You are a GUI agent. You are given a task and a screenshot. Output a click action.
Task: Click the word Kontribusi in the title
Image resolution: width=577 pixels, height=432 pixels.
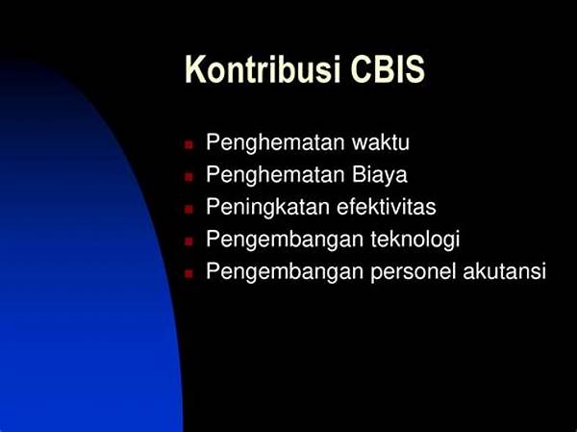tap(263, 69)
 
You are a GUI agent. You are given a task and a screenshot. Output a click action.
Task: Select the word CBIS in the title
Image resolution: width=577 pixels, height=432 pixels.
tap(388, 69)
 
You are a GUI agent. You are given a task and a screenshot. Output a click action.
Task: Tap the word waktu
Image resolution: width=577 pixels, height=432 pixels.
tap(381, 142)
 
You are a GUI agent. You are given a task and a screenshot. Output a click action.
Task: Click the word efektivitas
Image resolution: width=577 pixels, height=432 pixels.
tap(387, 207)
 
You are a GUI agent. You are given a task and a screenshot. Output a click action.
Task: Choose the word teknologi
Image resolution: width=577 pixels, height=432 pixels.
tap(415, 241)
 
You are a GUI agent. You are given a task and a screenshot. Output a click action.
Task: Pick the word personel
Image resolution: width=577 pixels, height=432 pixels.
tap(414, 272)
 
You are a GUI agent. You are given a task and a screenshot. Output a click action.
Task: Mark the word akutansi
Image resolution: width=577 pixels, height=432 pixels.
tap(505, 271)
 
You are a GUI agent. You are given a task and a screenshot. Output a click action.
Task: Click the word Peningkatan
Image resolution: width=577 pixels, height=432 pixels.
tap(267, 208)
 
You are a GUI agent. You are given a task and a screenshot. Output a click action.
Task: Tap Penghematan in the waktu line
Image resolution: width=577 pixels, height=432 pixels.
tap(275, 143)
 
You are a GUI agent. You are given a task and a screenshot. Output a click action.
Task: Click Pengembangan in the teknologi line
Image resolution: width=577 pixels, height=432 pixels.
tap(285, 241)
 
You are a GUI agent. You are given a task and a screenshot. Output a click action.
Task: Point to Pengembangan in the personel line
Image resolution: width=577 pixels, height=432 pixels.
tap(285, 272)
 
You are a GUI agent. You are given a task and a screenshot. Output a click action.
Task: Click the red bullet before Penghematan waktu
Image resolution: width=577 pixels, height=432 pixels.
tap(188, 144)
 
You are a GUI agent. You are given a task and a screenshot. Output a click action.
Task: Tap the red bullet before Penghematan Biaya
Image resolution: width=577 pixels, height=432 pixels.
tap(188, 177)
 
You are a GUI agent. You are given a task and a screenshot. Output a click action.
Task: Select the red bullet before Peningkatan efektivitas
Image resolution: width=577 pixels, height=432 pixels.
tap(188, 209)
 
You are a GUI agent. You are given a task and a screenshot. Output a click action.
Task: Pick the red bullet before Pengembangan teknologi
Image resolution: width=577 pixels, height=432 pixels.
tap(188, 241)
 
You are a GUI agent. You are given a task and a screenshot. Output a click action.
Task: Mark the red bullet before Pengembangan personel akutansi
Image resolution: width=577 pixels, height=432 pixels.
tap(188, 273)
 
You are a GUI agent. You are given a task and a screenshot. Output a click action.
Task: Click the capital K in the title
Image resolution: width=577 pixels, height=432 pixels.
tap(195, 69)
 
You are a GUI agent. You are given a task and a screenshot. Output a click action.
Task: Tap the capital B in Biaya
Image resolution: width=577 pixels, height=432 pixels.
tap(358, 174)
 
